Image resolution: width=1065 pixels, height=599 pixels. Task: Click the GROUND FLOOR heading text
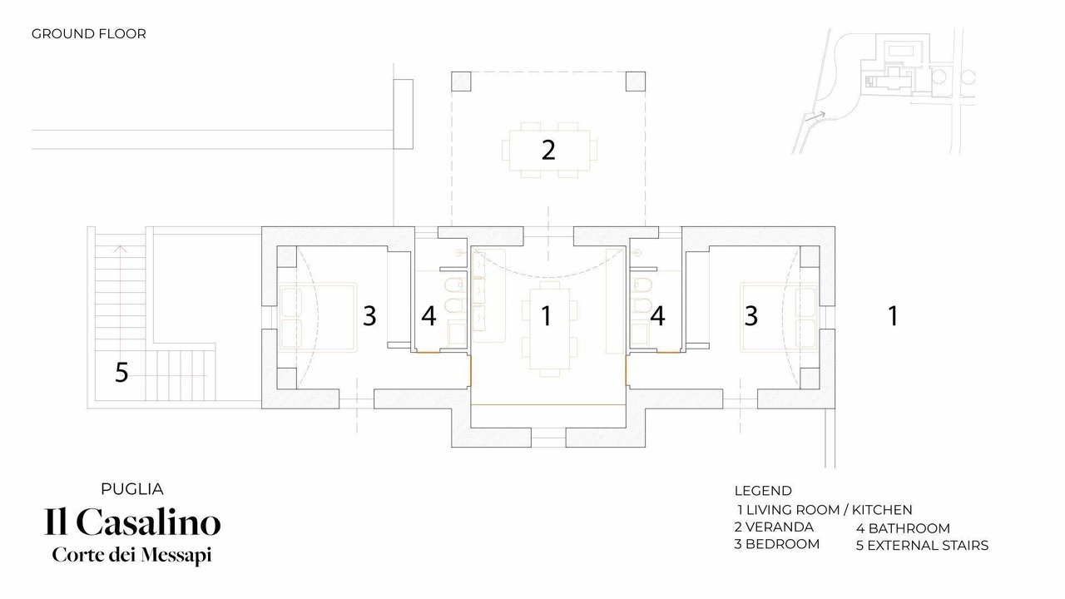[x=88, y=34]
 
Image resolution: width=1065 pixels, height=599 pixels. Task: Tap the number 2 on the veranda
[x=548, y=150]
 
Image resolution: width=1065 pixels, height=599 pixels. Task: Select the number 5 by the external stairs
[x=121, y=372]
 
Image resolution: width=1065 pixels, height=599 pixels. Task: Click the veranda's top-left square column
[x=461, y=82]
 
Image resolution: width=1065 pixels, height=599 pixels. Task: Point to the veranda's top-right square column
[x=635, y=82]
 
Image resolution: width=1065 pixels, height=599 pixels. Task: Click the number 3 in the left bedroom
[x=369, y=315]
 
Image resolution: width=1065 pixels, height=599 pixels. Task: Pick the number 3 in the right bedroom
[x=750, y=315]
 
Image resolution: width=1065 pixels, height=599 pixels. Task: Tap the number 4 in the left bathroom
[x=428, y=315]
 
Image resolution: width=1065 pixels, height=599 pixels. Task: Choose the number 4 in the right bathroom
[x=657, y=315]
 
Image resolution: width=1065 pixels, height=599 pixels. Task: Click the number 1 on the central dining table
[x=547, y=315]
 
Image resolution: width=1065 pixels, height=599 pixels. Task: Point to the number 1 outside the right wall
[x=893, y=315]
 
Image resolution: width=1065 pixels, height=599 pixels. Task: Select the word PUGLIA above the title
[x=132, y=489]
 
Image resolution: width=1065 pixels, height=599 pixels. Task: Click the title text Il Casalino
[x=132, y=522]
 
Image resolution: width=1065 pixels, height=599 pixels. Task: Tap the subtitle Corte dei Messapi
[x=131, y=555]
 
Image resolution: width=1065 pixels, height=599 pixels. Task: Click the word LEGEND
[x=763, y=491]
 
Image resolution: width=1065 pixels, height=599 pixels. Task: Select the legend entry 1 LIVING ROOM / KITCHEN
[x=825, y=510]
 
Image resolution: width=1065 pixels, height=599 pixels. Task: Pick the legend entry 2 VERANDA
[x=774, y=527]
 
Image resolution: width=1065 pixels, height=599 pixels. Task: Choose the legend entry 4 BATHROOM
[x=904, y=528]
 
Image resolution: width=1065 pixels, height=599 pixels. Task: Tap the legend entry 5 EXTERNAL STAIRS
[x=923, y=545]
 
